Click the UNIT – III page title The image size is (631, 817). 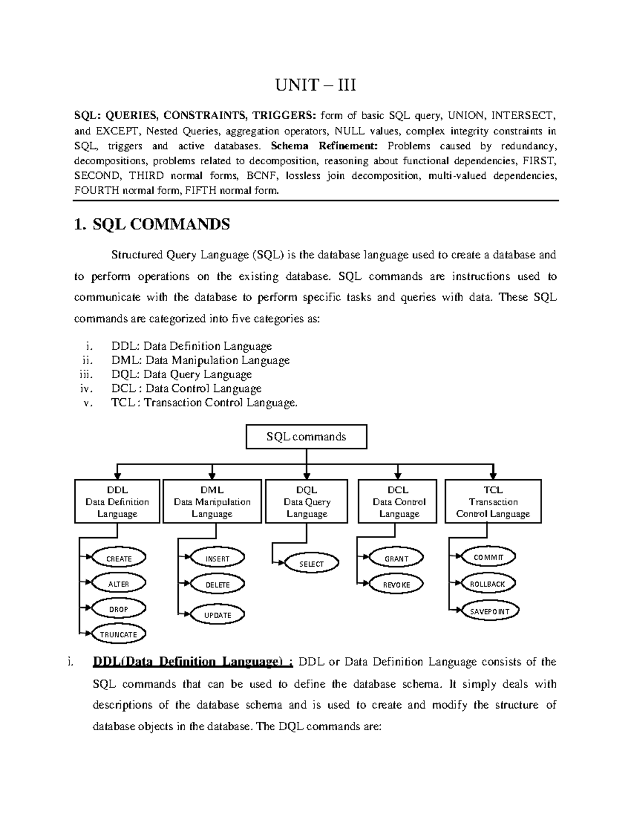point(316,84)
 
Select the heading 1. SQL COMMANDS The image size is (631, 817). point(152,225)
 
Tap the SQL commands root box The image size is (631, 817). point(306,437)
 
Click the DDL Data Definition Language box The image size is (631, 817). point(117,501)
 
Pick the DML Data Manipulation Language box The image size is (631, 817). point(212,501)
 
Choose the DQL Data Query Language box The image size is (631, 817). point(307,501)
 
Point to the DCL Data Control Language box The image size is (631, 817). point(399,501)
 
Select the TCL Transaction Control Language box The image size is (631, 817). point(493,501)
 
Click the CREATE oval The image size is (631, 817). point(119,559)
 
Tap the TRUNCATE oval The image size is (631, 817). point(118,634)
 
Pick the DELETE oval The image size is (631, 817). point(217,584)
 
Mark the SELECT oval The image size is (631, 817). point(311,564)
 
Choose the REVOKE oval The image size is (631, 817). point(396,584)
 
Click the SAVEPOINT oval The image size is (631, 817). point(490,611)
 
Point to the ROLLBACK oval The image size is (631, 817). point(487,584)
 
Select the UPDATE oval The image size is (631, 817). point(217,615)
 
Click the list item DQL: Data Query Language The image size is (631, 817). point(181,375)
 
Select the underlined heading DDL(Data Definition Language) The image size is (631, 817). point(192,662)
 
